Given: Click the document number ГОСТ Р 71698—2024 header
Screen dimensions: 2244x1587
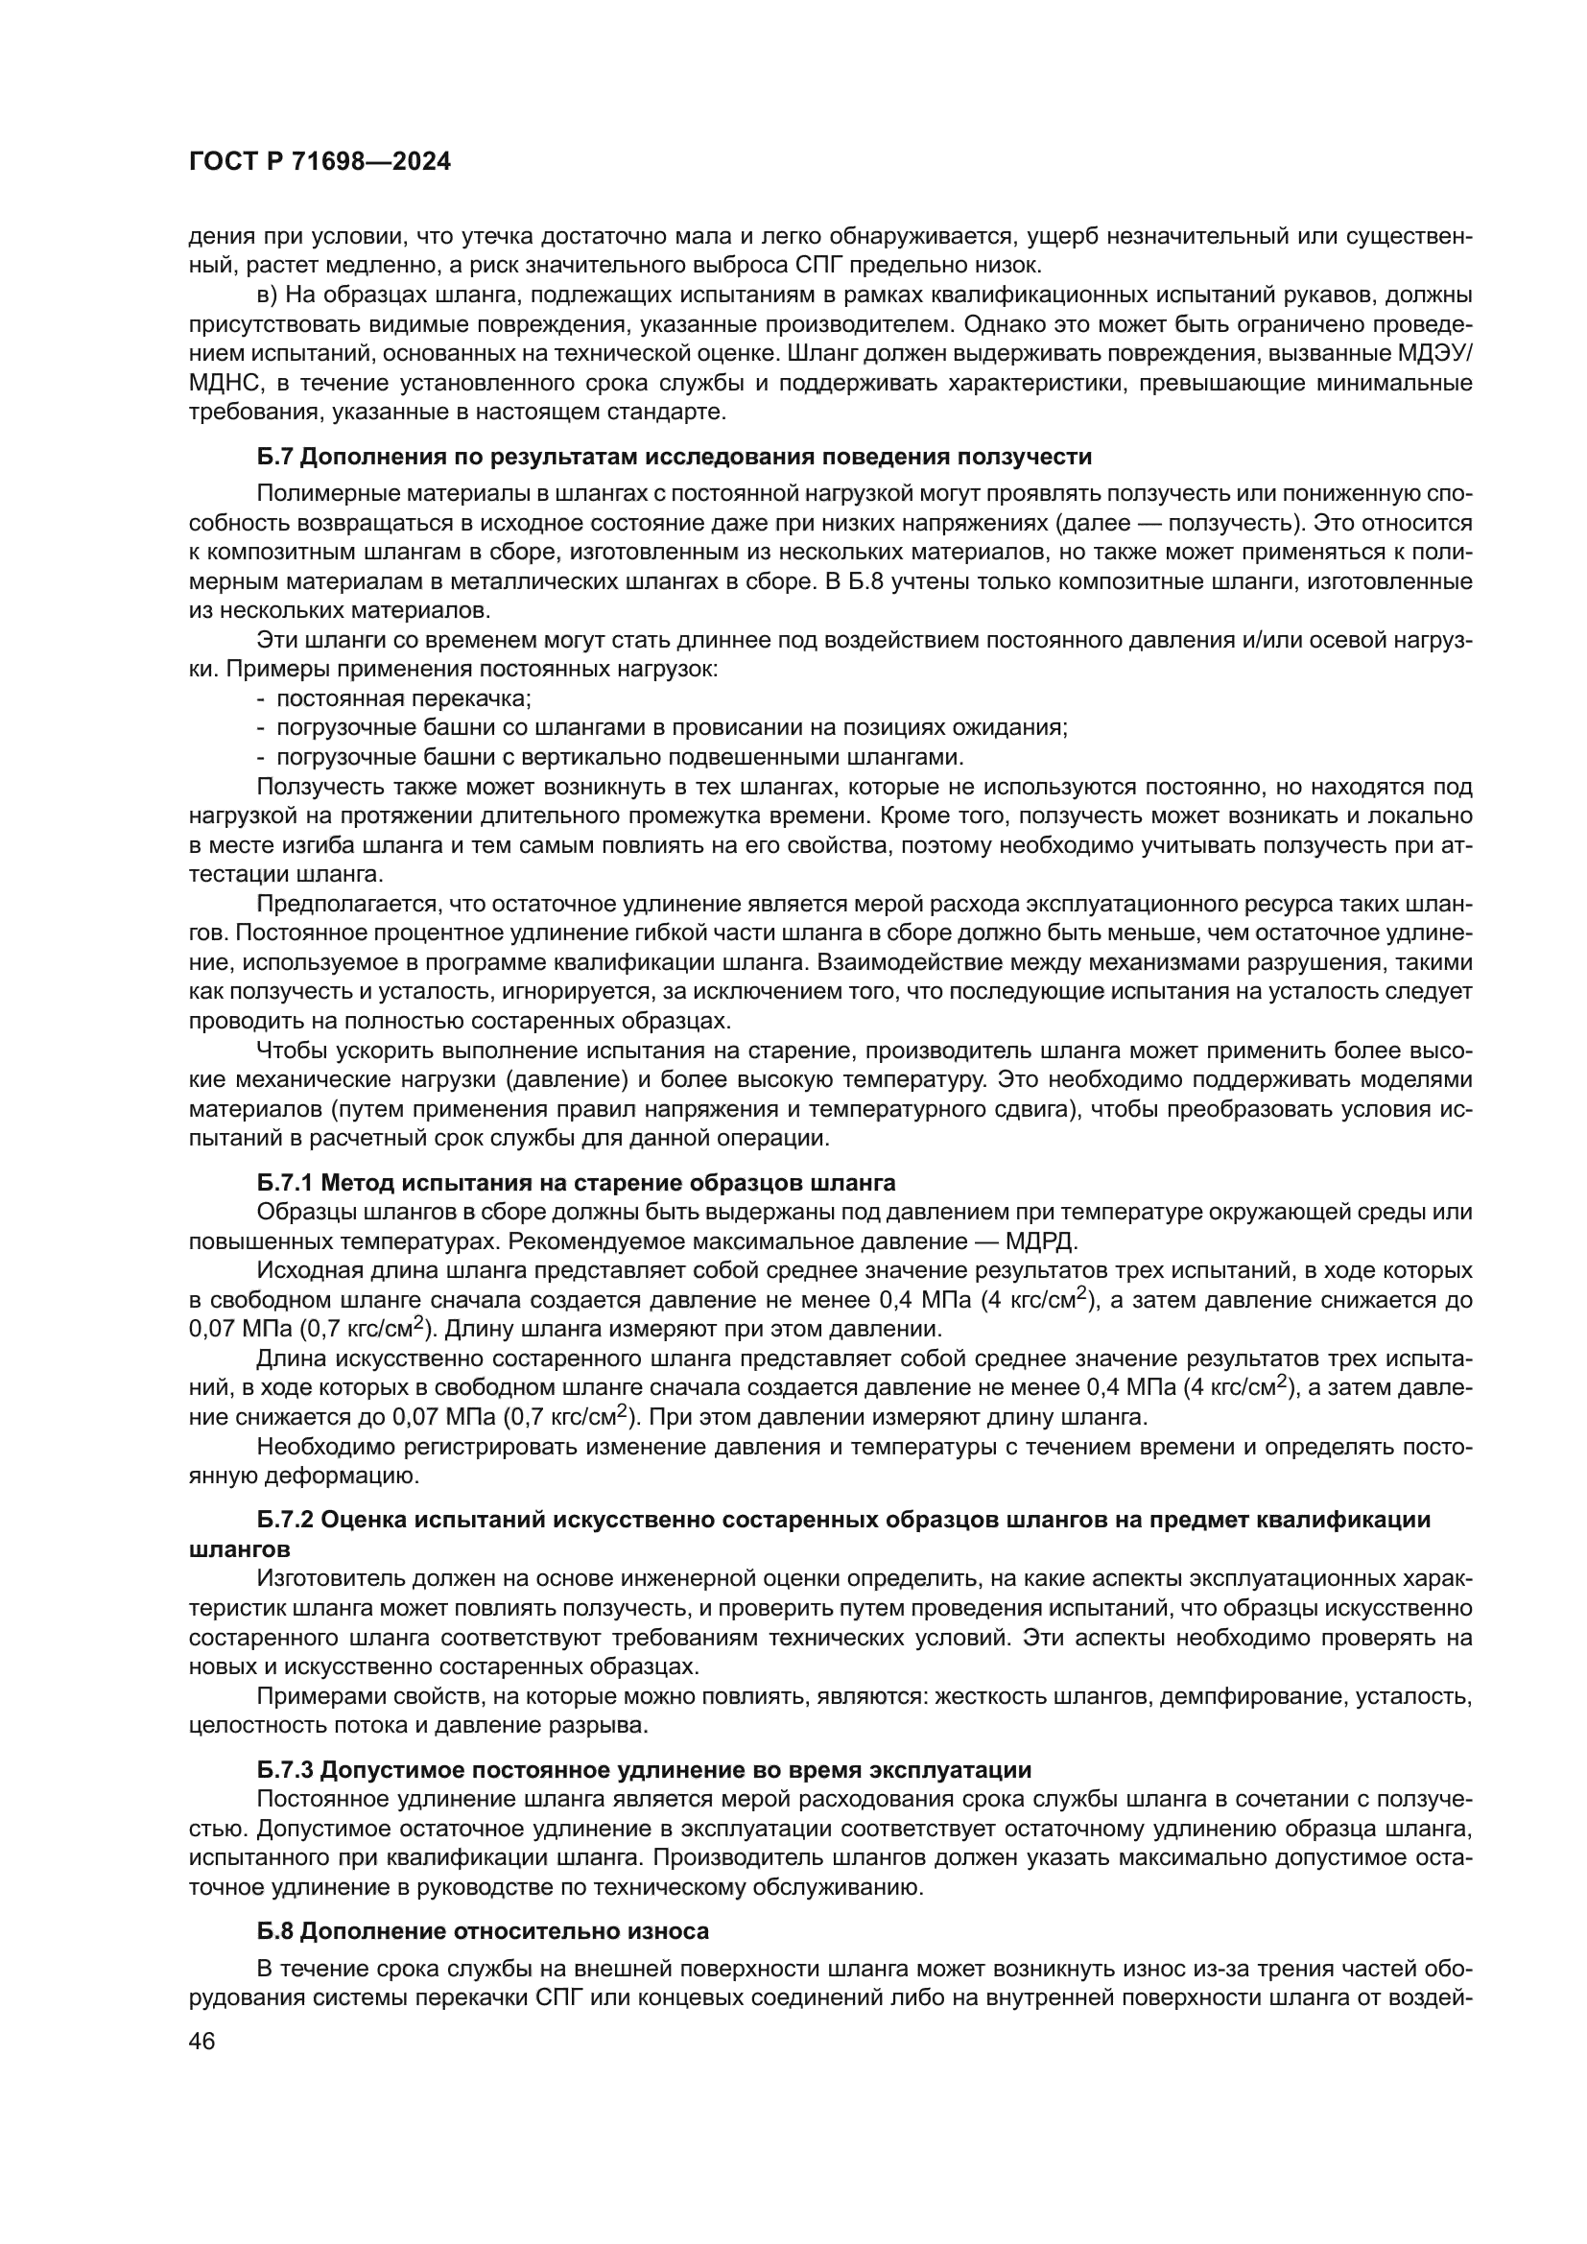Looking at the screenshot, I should click(320, 162).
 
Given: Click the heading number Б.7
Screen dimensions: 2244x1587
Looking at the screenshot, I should click(273, 457).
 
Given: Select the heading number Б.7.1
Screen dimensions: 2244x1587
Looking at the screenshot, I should click(284, 1183).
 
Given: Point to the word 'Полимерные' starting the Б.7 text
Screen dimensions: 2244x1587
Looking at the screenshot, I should click(319, 494).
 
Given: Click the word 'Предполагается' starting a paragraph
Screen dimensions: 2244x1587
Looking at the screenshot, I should click(331, 904).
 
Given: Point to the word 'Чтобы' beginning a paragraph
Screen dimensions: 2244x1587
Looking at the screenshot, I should click(284, 1051).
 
